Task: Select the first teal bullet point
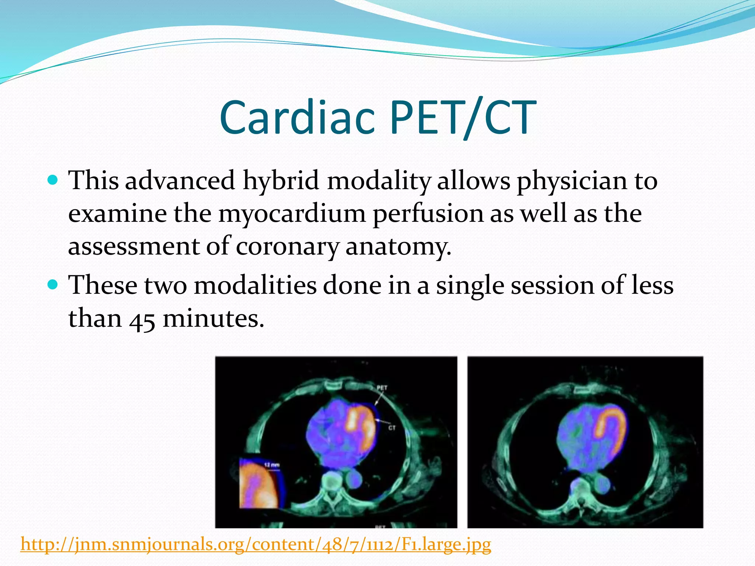53,181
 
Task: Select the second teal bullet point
53,285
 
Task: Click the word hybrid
281,181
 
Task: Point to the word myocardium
292,214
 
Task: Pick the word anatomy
398,246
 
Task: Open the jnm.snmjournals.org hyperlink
256,544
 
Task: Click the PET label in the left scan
382,388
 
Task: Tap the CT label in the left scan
392,428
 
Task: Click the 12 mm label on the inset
272,465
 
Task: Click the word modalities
255,286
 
